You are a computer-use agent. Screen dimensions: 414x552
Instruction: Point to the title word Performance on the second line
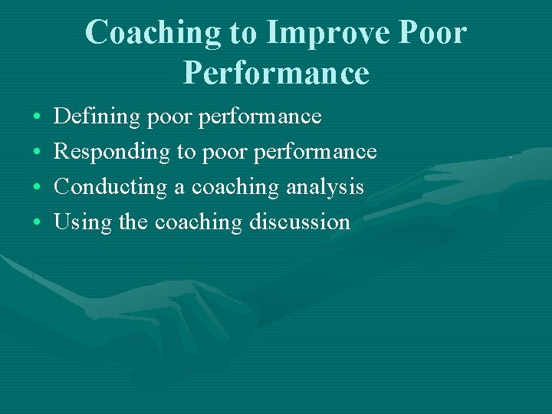coord(276,74)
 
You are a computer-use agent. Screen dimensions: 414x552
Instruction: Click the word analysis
coord(325,187)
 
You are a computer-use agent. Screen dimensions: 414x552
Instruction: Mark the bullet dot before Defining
coord(38,118)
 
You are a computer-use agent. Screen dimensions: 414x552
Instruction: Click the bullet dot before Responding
coord(38,153)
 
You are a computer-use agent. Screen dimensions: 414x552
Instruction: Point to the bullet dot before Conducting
coord(38,188)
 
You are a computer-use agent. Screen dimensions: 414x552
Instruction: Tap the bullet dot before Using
coord(38,223)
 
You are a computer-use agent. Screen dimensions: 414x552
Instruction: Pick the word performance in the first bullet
coord(260,117)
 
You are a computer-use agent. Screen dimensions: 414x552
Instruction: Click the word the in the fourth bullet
coord(134,222)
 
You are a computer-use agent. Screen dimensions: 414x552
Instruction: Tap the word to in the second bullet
coord(186,153)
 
